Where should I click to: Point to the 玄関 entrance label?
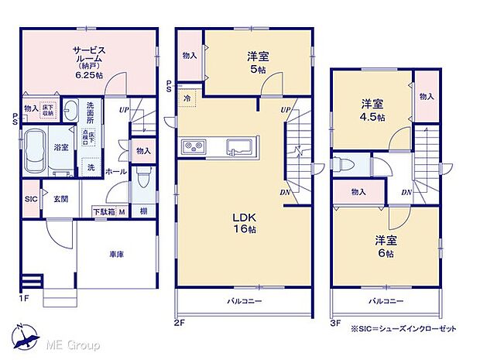[x=60, y=199]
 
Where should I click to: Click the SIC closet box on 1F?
[x=31, y=198]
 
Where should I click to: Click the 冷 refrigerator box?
[x=187, y=99]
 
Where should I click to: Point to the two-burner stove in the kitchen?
[x=192, y=148]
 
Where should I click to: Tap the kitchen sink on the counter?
[x=235, y=147]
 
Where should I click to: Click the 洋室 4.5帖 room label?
[x=373, y=110]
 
